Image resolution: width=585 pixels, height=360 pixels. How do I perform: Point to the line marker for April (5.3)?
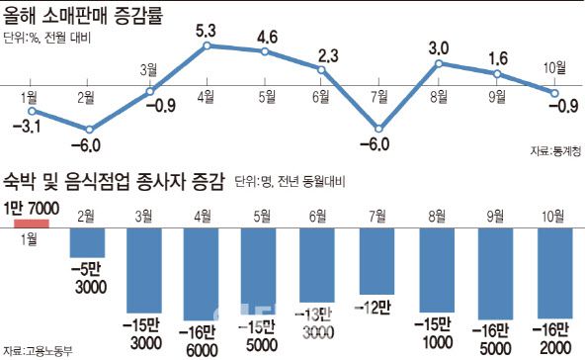(206, 45)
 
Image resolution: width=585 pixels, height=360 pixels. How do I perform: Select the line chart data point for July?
(377, 129)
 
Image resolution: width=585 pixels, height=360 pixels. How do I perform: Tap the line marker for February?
(90, 129)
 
